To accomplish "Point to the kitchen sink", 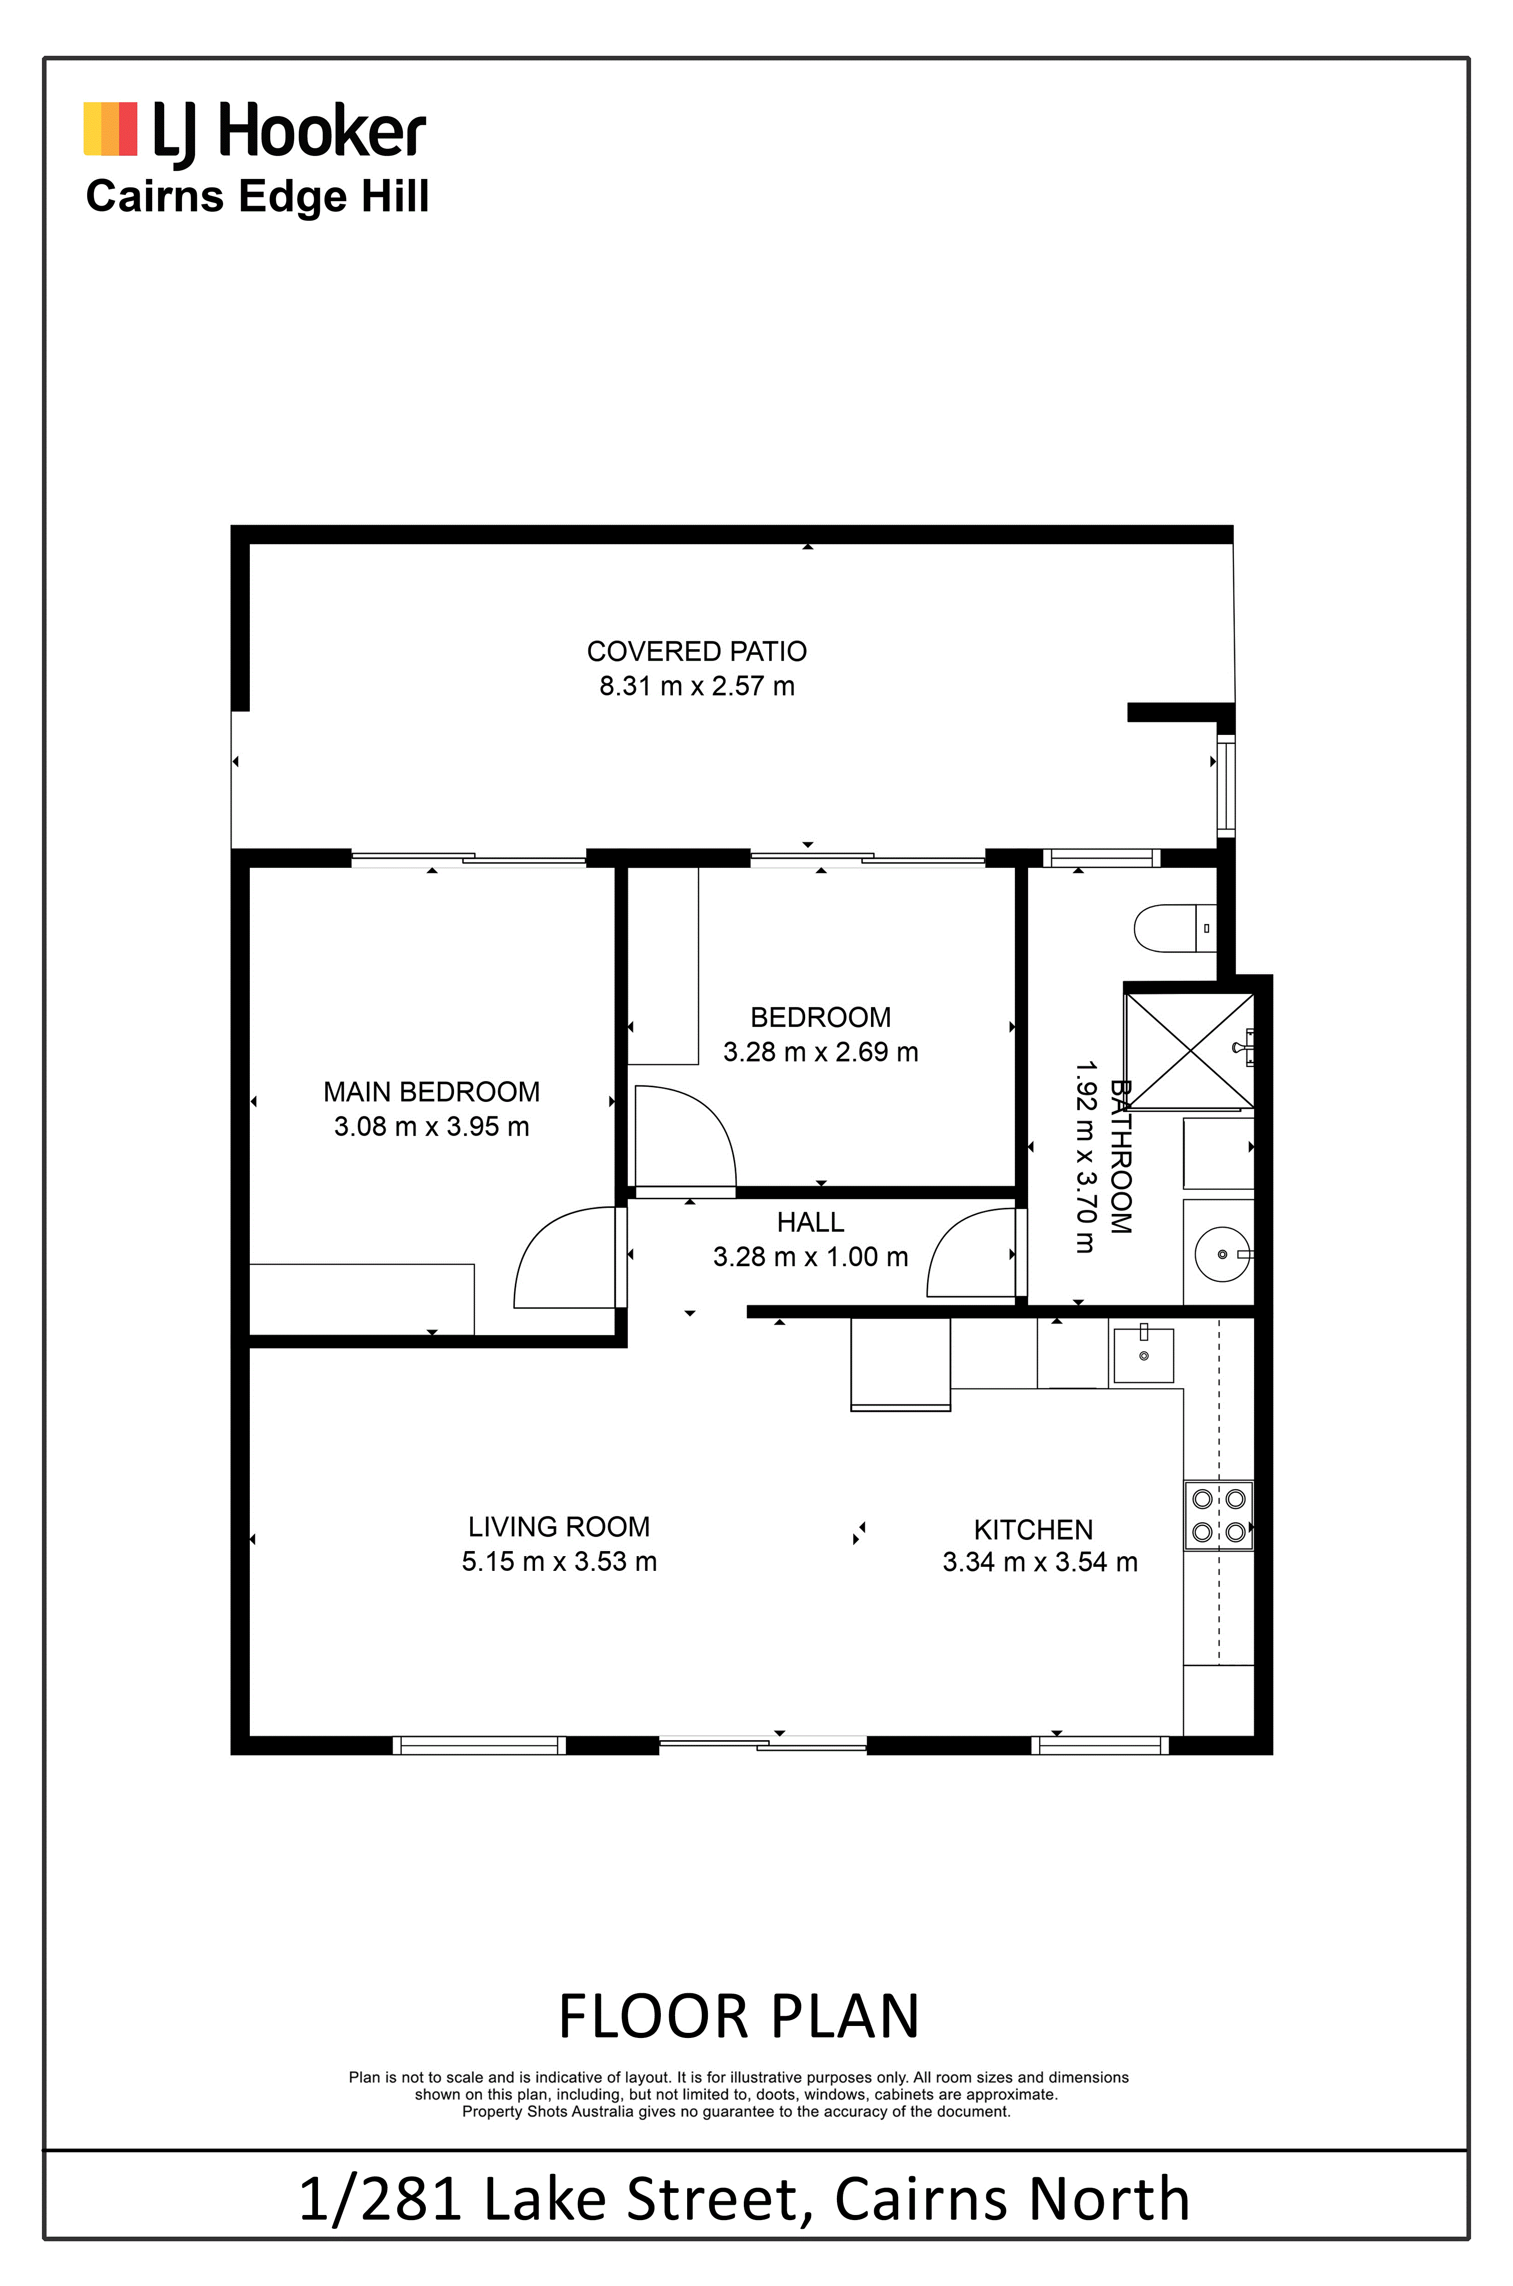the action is point(1143,1356).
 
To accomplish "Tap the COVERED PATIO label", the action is point(697,651).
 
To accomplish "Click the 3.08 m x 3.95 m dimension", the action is point(431,1126).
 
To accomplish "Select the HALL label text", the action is point(811,1222).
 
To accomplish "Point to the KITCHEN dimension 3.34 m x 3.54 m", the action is point(1040,1562).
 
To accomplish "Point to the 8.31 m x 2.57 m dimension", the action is point(697,687).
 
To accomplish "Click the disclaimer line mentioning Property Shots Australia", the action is point(736,2111).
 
